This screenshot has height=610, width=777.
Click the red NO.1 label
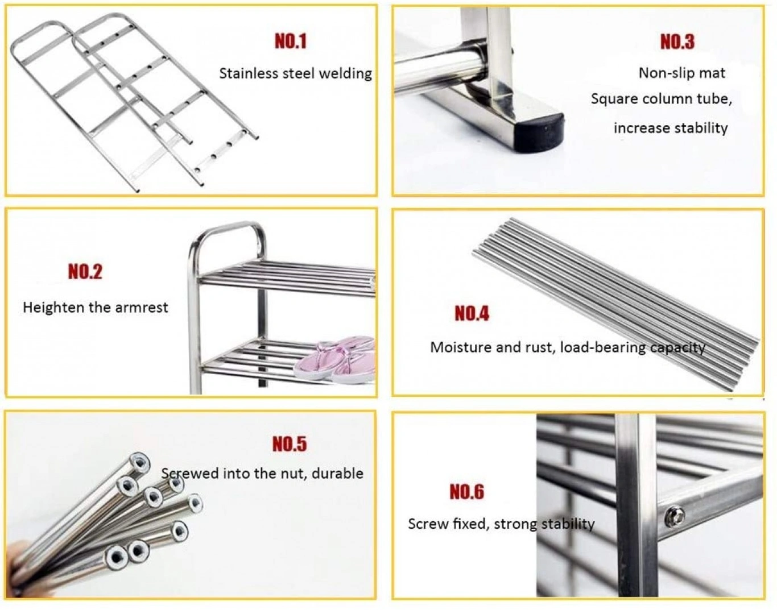[x=291, y=41]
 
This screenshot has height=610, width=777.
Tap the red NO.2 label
[x=85, y=272]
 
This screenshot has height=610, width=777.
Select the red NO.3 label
[x=677, y=42]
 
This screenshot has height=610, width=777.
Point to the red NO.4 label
[x=472, y=313]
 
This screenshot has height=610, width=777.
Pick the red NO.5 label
[x=290, y=444]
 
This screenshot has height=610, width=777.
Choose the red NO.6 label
[x=466, y=492]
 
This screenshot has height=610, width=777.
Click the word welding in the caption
[x=345, y=74]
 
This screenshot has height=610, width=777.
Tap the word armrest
[x=140, y=308]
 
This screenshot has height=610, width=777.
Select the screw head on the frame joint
[x=675, y=516]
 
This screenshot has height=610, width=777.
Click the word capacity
[x=677, y=348]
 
